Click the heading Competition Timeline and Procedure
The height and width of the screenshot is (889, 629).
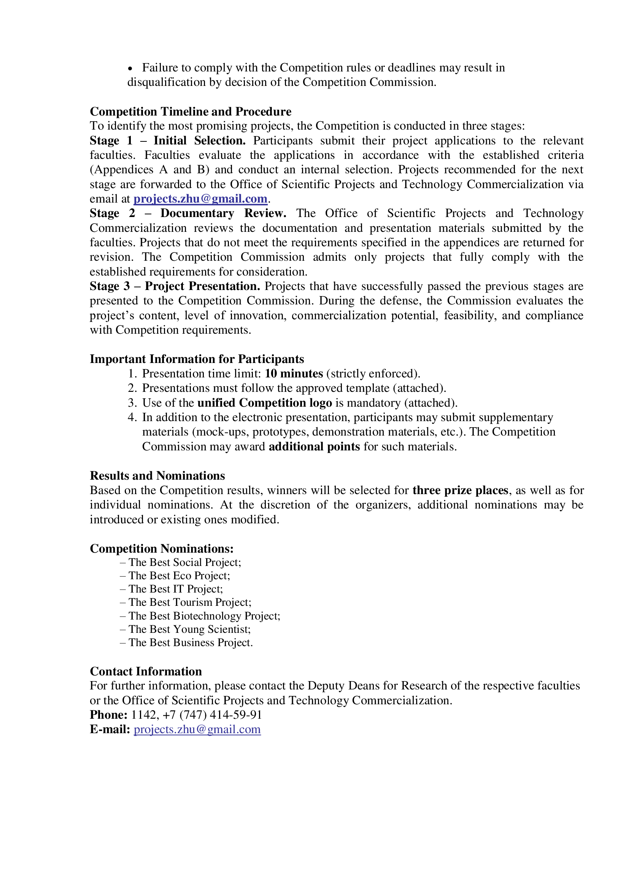190,111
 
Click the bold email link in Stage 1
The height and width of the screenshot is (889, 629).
200,199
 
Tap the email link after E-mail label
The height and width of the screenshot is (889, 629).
197,729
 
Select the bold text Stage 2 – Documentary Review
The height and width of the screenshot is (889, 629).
188,213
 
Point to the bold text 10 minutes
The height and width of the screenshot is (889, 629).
294,374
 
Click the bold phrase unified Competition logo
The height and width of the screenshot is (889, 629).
265,403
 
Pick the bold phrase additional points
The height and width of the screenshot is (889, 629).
314,447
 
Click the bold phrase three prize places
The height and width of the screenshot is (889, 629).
460,490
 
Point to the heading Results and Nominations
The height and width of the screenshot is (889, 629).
157,475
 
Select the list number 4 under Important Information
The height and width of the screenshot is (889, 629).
132,417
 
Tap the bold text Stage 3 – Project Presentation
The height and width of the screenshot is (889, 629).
175,286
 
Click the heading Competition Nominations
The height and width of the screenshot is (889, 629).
162,548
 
